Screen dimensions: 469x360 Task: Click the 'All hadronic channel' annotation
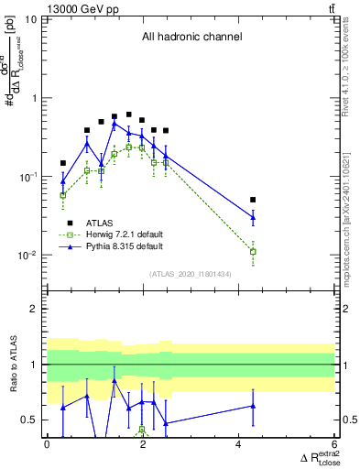point(191,38)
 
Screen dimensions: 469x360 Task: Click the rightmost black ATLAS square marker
point(253,199)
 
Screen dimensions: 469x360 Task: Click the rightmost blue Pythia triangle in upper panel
point(253,217)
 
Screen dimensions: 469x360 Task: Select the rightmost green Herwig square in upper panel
point(253,251)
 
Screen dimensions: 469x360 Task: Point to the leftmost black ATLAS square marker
point(63,163)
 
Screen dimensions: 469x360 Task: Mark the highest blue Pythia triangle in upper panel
point(115,124)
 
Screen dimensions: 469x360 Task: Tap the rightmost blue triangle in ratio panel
point(253,405)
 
